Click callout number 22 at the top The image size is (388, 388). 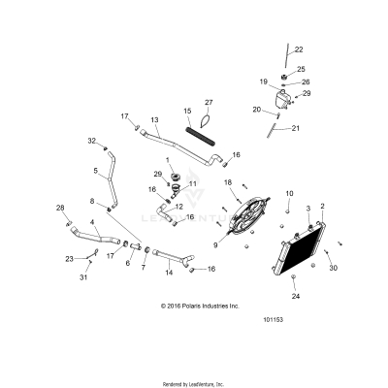(299, 49)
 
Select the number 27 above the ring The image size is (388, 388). (208, 102)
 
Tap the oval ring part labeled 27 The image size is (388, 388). (207, 121)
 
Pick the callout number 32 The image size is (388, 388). (92, 141)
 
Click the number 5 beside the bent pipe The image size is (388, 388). (95, 172)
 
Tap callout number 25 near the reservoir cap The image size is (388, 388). (301, 70)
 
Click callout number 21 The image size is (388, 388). (297, 127)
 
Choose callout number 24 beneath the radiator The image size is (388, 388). (296, 297)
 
